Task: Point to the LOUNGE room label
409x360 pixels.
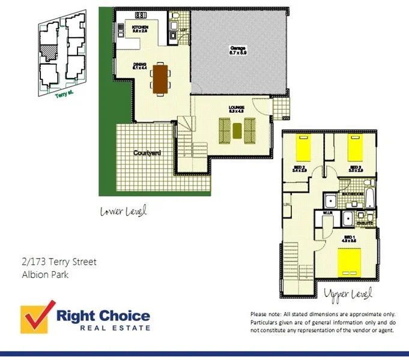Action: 236,108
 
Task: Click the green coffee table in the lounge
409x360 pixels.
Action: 237,128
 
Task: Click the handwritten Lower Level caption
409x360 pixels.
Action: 123,211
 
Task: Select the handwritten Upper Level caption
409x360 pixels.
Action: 348,295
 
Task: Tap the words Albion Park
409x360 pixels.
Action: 41,275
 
